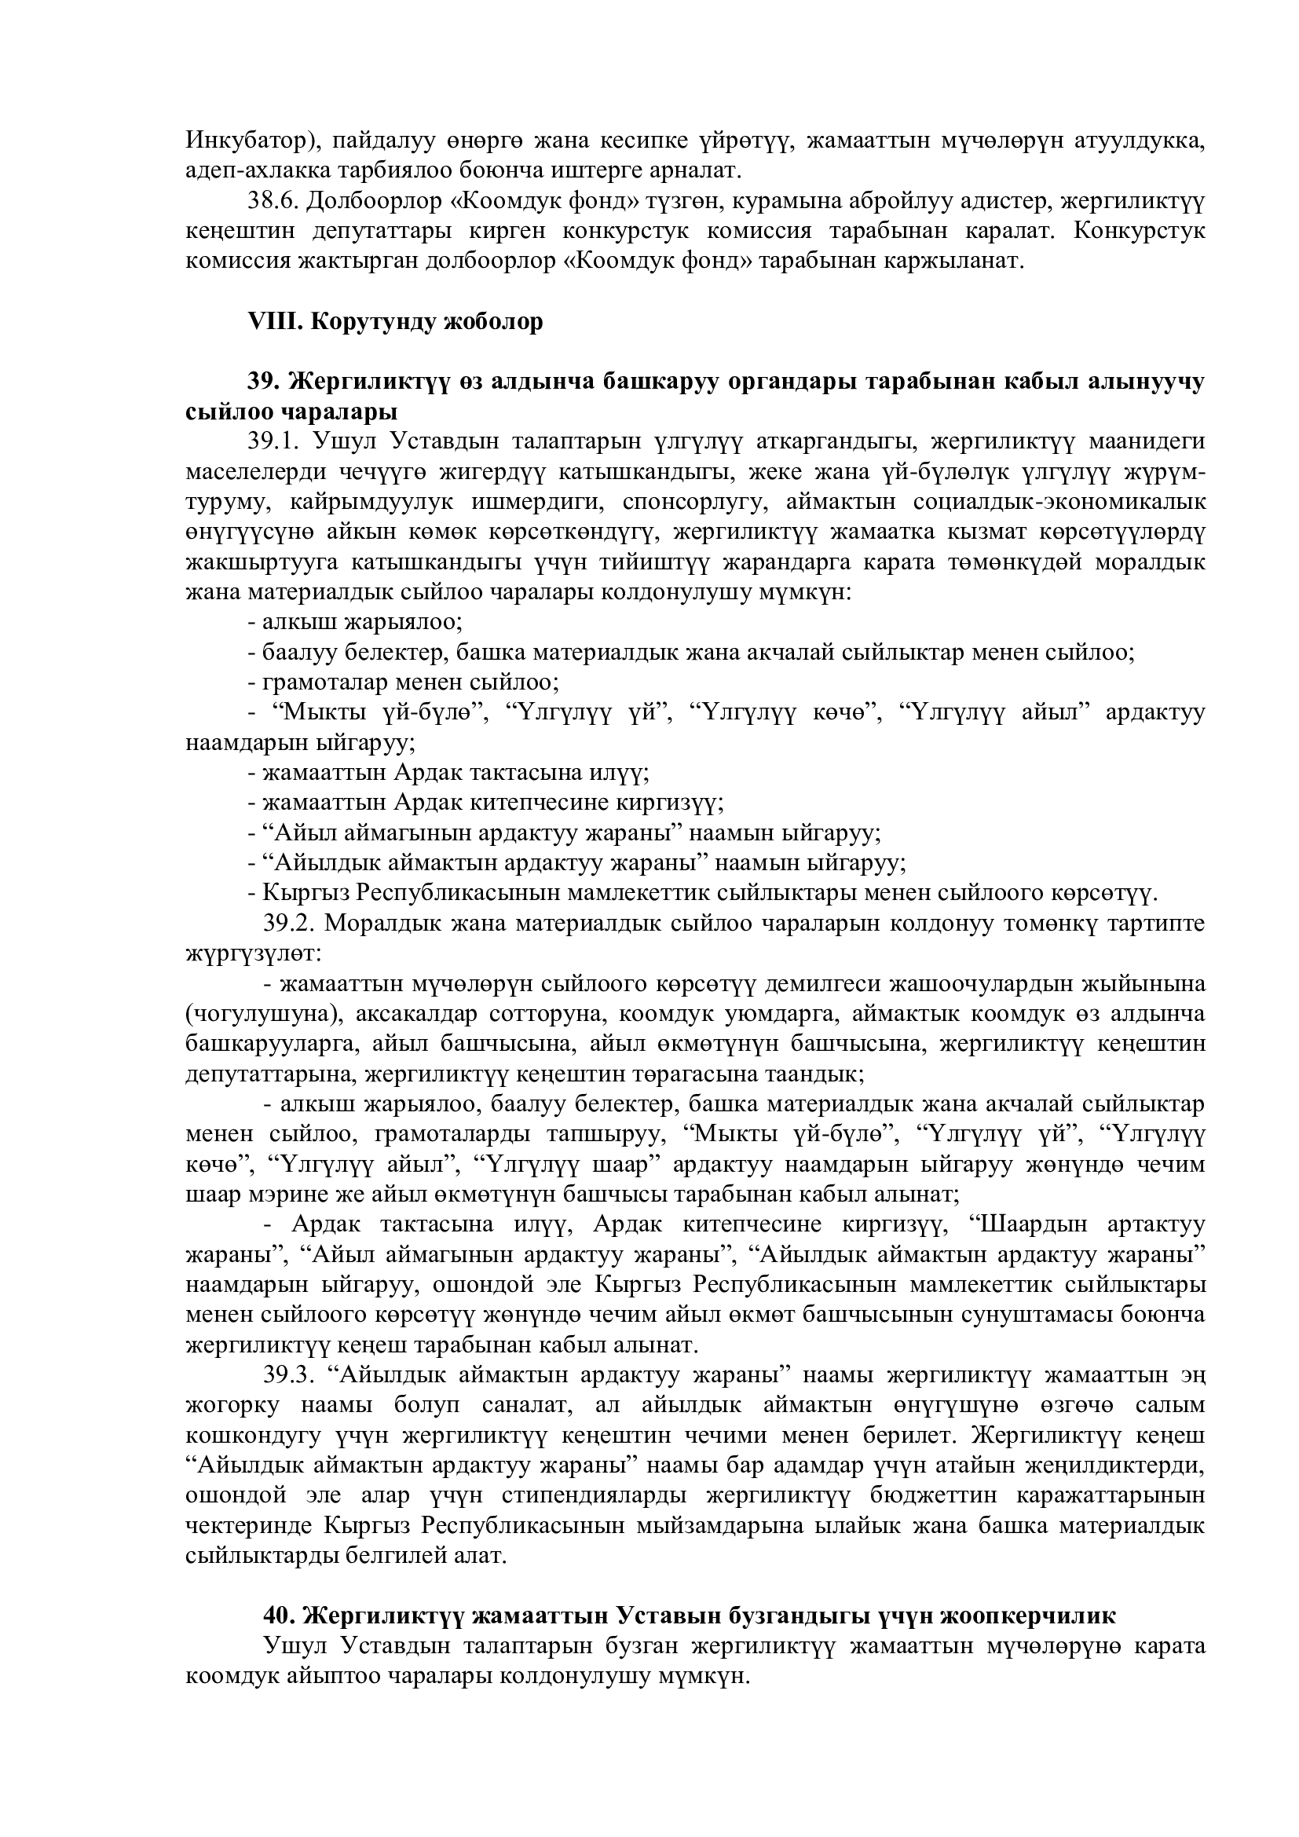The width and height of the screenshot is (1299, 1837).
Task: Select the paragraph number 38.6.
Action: click(273, 201)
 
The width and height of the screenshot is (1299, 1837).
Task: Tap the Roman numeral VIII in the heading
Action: click(273, 322)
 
